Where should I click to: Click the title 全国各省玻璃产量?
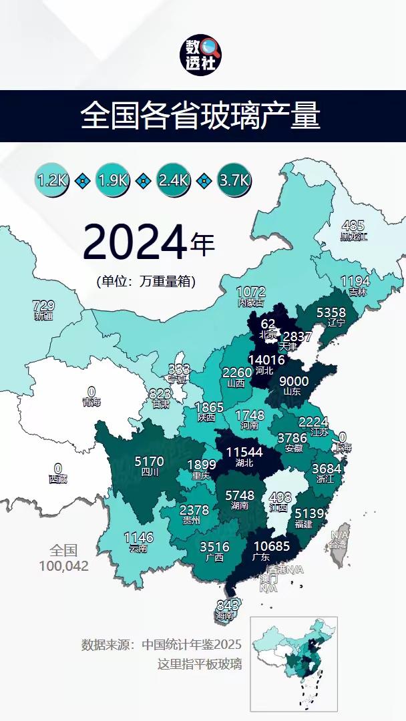tap(201, 116)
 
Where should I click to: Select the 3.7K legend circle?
tap(234, 180)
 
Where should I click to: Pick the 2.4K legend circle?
tap(174, 180)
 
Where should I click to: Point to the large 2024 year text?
tap(134, 243)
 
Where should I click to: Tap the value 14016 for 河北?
tap(266, 360)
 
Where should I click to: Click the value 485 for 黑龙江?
tap(353, 226)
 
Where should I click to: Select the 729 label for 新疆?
tap(43, 306)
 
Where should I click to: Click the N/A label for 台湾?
tap(339, 535)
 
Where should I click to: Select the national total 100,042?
tap(64, 566)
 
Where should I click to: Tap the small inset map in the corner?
tap(293, 663)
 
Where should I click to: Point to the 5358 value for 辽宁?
tap(331, 312)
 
